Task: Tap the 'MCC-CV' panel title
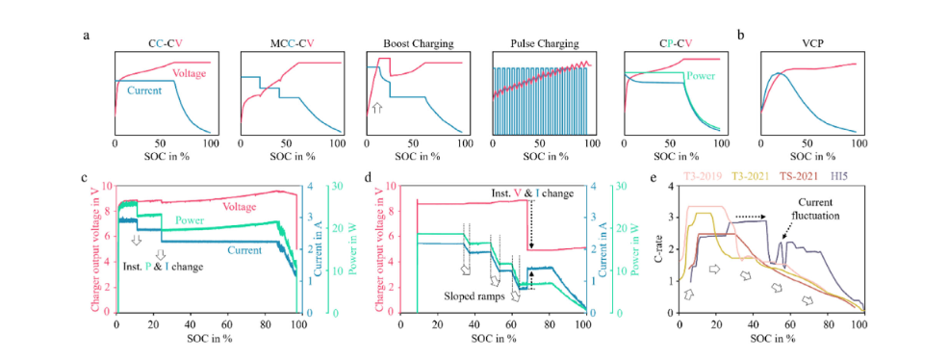(x=289, y=44)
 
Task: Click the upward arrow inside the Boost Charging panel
(x=377, y=109)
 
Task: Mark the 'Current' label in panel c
(x=237, y=249)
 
